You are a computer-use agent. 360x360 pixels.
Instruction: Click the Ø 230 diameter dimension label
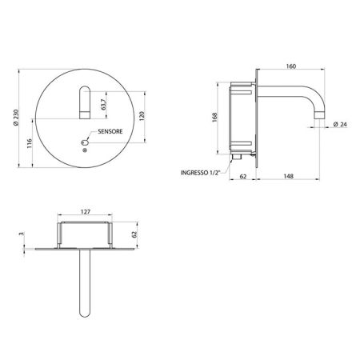pyautogui.click(x=16, y=118)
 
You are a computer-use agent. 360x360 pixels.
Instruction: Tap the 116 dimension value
pyautogui.click(x=30, y=143)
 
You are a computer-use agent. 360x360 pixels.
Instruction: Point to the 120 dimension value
pyautogui.click(x=142, y=116)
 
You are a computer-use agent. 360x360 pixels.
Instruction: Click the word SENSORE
pyautogui.click(x=110, y=131)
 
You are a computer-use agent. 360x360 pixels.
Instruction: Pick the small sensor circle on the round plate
pyautogui.click(x=85, y=142)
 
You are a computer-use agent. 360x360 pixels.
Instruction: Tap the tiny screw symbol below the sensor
pyautogui.click(x=85, y=150)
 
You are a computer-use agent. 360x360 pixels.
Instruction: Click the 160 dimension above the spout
pyautogui.click(x=291, y=66)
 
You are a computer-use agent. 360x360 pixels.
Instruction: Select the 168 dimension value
pyautogui.click(x=214, y=118)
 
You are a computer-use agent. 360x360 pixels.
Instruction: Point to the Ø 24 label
pyautogui.click(x=340, y=124)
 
